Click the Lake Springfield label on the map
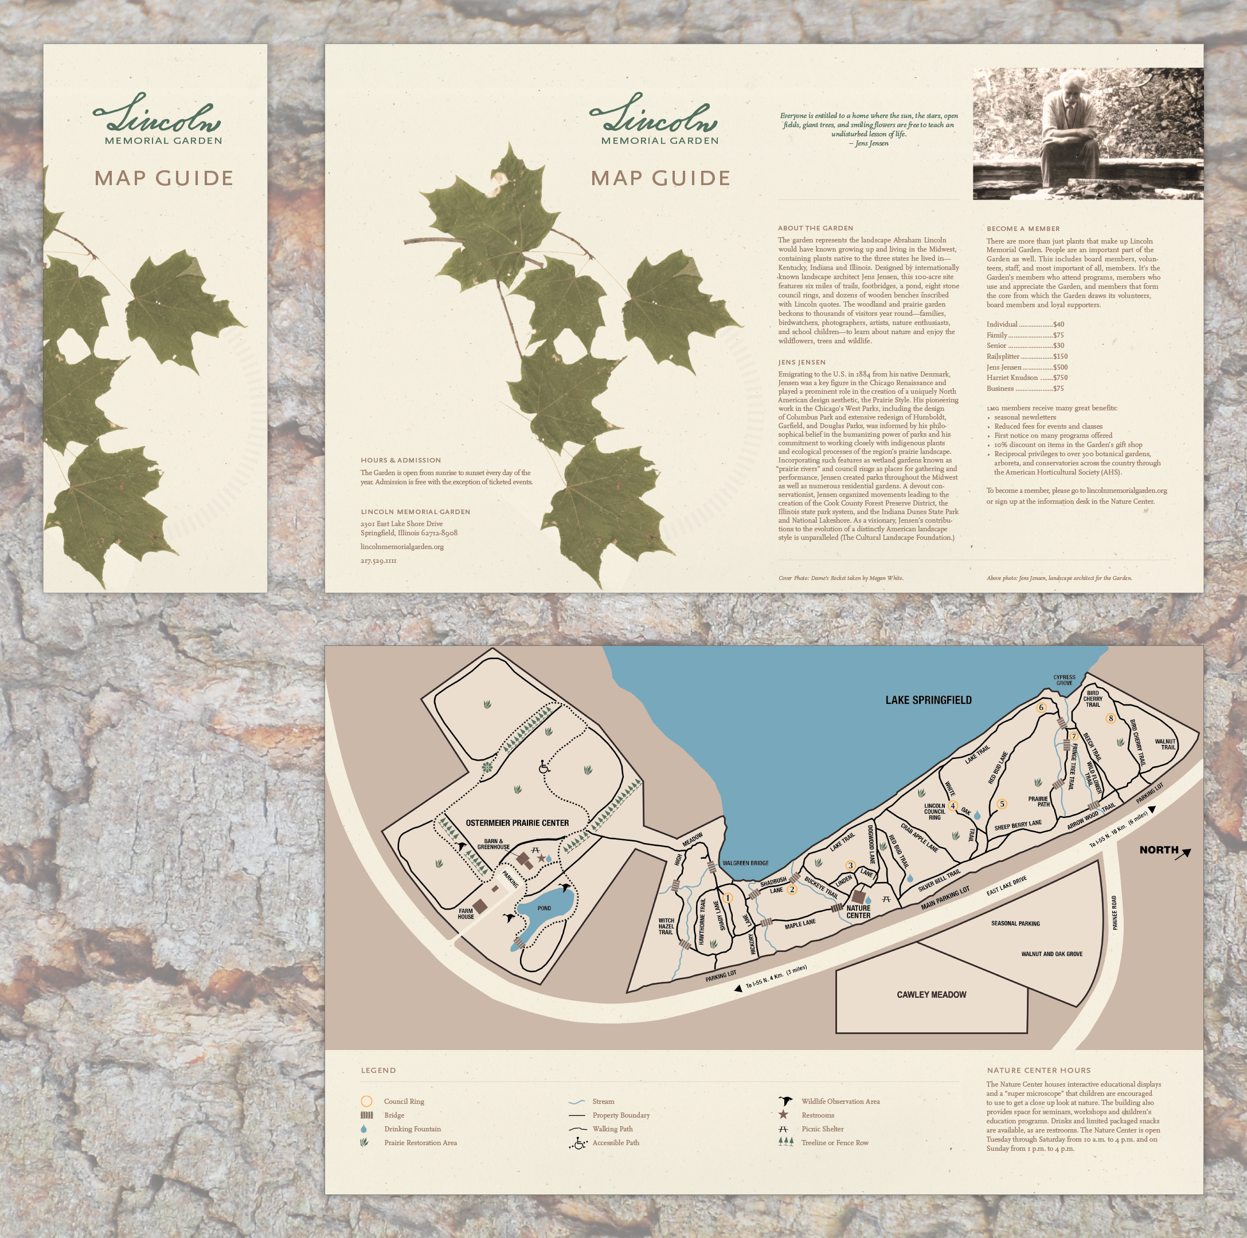pos(928,700)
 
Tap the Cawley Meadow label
pos(931,995)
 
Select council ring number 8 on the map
pos(1111,719)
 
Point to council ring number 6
pos(1041,708)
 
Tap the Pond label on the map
pos(544,908)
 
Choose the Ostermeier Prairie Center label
pos(517,823)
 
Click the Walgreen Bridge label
pos(745,863)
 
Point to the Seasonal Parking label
pos(1015,924)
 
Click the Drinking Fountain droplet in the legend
pos(365,1129)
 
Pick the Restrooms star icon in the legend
pos(784,1115)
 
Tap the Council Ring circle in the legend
pos(366,1101)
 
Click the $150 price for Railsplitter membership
pos(1061,356)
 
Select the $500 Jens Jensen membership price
pos(1061,367)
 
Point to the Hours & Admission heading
pos(400,460)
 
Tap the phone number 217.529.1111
pos(378,561)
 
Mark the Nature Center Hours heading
pos(1038,1070)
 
